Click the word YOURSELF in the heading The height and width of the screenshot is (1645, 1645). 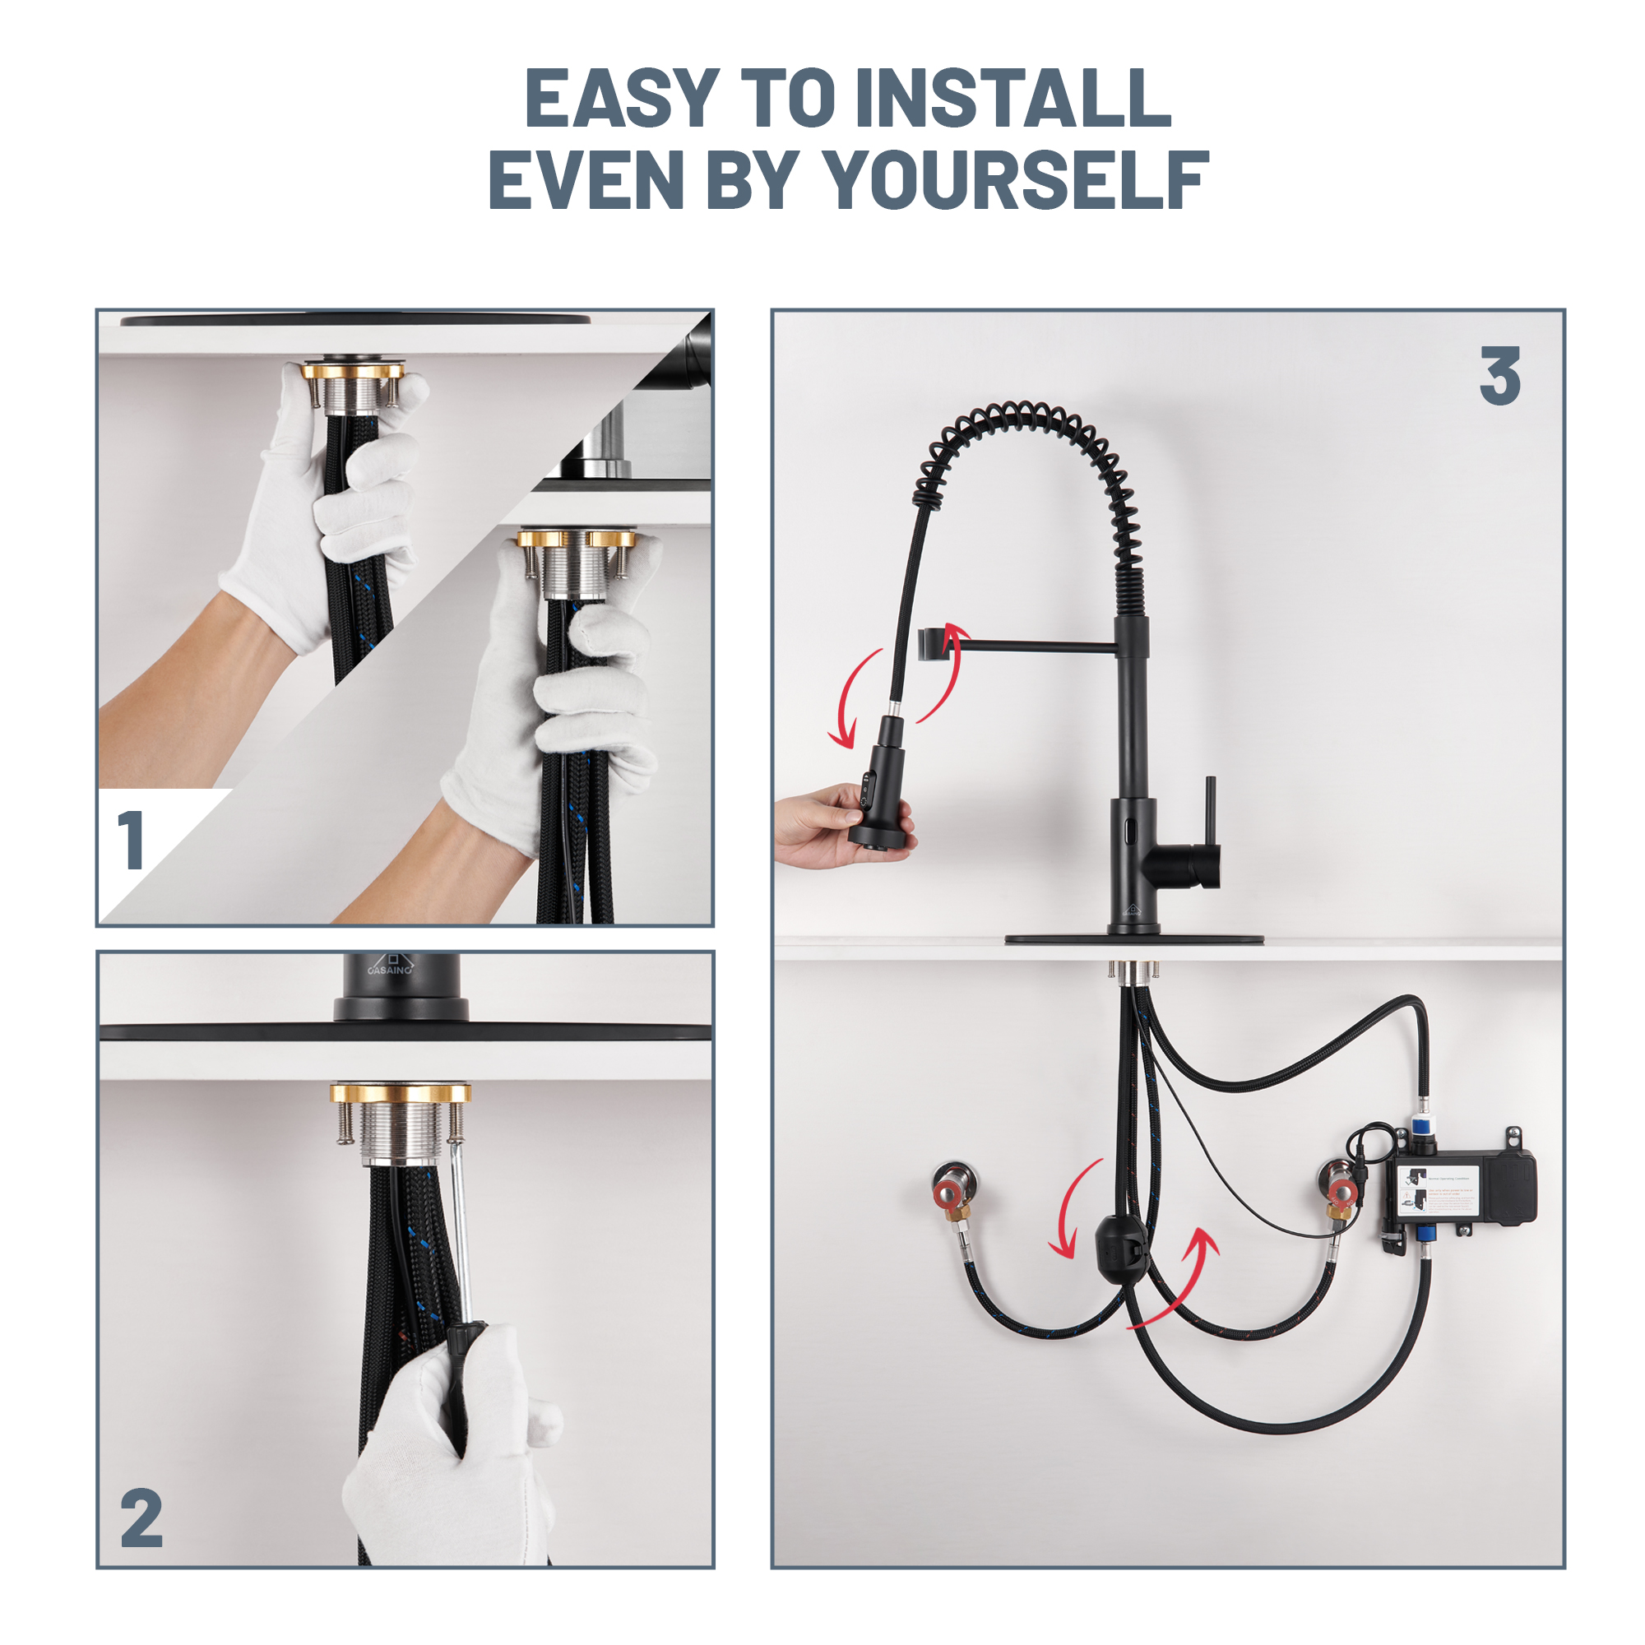pyautogui.click(x=1017, y=179)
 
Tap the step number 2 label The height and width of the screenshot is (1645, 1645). pyautogui.click(x=141, y=1518)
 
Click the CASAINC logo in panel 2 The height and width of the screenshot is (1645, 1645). pyautogui.click(x=391, y=966)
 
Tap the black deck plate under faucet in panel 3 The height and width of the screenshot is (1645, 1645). pyautogui.click(x=1134, y=940)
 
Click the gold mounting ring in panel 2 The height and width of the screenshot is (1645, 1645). pyautogui.click(x=401, y=1093)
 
